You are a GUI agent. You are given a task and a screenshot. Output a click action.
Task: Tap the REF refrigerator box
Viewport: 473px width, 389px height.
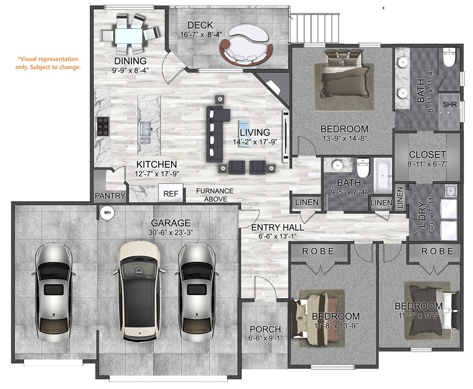pyautogui.click(x=171, y=194)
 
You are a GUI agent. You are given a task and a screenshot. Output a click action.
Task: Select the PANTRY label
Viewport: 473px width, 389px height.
pyautogui.click(x=110, y=196)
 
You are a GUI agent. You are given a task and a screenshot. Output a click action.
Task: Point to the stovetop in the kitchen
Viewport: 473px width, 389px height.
pyautogui.click(x=103, y=126)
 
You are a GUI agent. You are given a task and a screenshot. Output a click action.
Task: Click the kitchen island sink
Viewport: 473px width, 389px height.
pyautogui.click(x=147, y=129)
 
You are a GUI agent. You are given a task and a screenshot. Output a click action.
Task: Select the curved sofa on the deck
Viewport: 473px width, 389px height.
pyautogui.click(x=244, y=46)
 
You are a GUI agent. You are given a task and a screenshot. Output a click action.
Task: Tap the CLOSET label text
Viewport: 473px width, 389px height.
pyautogui.click(x=427, y=154)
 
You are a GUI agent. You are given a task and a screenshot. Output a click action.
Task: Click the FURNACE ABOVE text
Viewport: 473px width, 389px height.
pyautogui.click(x=214, y=195)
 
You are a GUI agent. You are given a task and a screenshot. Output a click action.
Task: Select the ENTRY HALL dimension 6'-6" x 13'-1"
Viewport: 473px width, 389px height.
pyautogui.click(x=277, y=237)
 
